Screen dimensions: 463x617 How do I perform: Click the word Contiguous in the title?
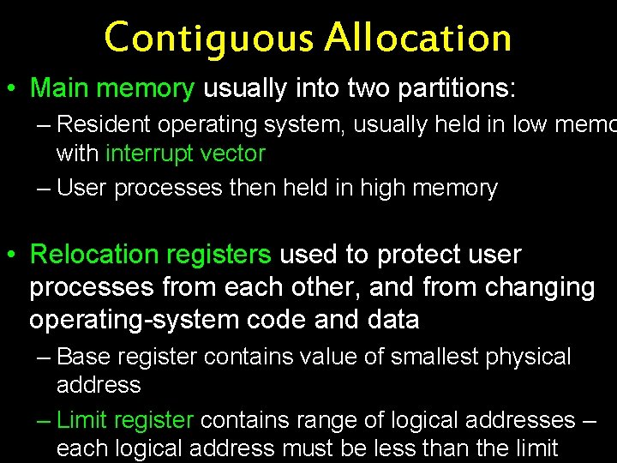209,38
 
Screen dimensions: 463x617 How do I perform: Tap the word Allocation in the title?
418,38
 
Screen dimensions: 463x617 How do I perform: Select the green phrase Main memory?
112,88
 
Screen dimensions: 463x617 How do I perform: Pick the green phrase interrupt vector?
185,154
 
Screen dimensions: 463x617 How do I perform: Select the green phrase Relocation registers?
150,255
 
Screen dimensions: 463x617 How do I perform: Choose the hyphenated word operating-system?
125,320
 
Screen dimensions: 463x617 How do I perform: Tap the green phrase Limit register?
125,420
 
